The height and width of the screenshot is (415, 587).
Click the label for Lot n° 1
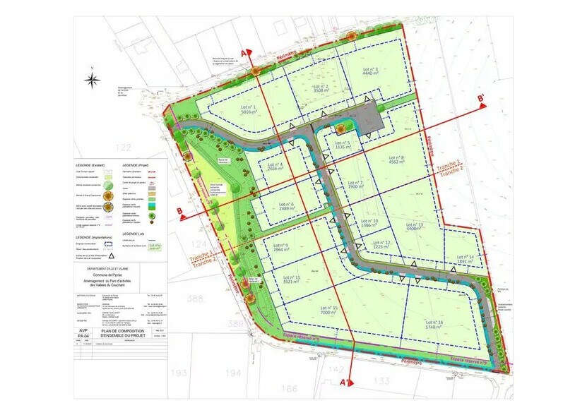pyautogui.click(x=244, y=109)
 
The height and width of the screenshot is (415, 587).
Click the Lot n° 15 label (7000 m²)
pyautogui.click(x=330, y=311)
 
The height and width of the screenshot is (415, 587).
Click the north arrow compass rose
pyautogui.click(x=93, y=80)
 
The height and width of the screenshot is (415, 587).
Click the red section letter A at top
pyautogui.click(x=244, y=54)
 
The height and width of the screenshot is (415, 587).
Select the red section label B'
pyautogui.click(x=481, y=98)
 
